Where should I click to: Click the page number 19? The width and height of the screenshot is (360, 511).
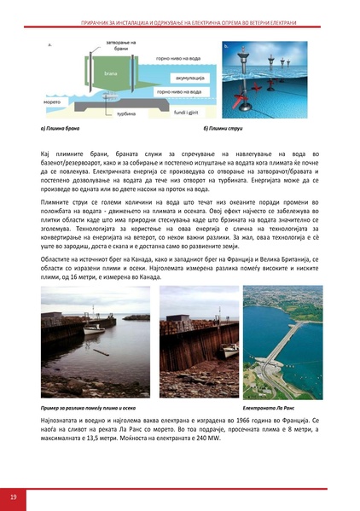pos(13,496)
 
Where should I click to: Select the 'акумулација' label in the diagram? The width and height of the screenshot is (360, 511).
pos(177,74)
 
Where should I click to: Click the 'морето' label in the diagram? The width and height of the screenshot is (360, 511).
pos(53,99)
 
